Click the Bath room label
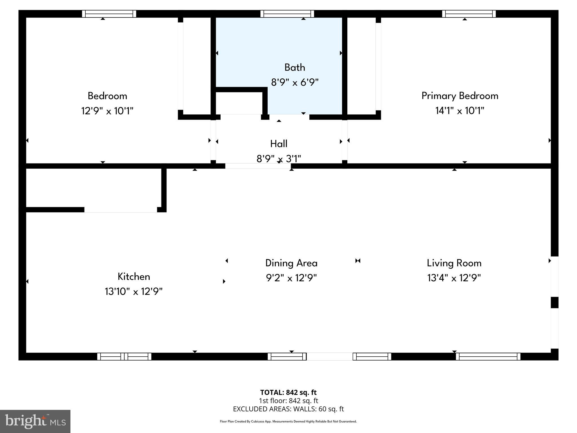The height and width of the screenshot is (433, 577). click(295, 67)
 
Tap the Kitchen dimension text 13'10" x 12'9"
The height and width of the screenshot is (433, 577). click(134, 291)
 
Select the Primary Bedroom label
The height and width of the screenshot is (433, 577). click(460, 96)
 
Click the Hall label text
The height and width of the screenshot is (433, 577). click(279, 144)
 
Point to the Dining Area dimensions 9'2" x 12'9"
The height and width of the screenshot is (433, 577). click(291, 278)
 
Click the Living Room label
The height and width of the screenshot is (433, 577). click(454, 263)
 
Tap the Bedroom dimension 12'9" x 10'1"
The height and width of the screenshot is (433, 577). click(107, 111)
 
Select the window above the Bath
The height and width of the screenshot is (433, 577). click(287, 14)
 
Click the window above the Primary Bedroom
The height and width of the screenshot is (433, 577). click(469, 14)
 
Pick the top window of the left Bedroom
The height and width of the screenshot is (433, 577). click(109, 14)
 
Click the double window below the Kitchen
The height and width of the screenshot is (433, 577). click(124, 357)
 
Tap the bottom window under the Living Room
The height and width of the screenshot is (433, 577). click(488, 357)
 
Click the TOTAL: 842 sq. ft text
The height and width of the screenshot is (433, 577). click(288, 392)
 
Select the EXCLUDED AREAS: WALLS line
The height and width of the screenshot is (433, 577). click(288, 409)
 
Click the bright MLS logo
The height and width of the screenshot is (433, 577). click(35, 421)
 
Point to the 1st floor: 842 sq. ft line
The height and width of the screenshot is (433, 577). click(288, 401)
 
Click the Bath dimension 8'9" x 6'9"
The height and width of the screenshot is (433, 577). click(295, 82)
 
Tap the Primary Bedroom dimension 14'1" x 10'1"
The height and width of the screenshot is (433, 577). click(460, 111)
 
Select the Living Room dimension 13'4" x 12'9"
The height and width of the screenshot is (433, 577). click(454, 278)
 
